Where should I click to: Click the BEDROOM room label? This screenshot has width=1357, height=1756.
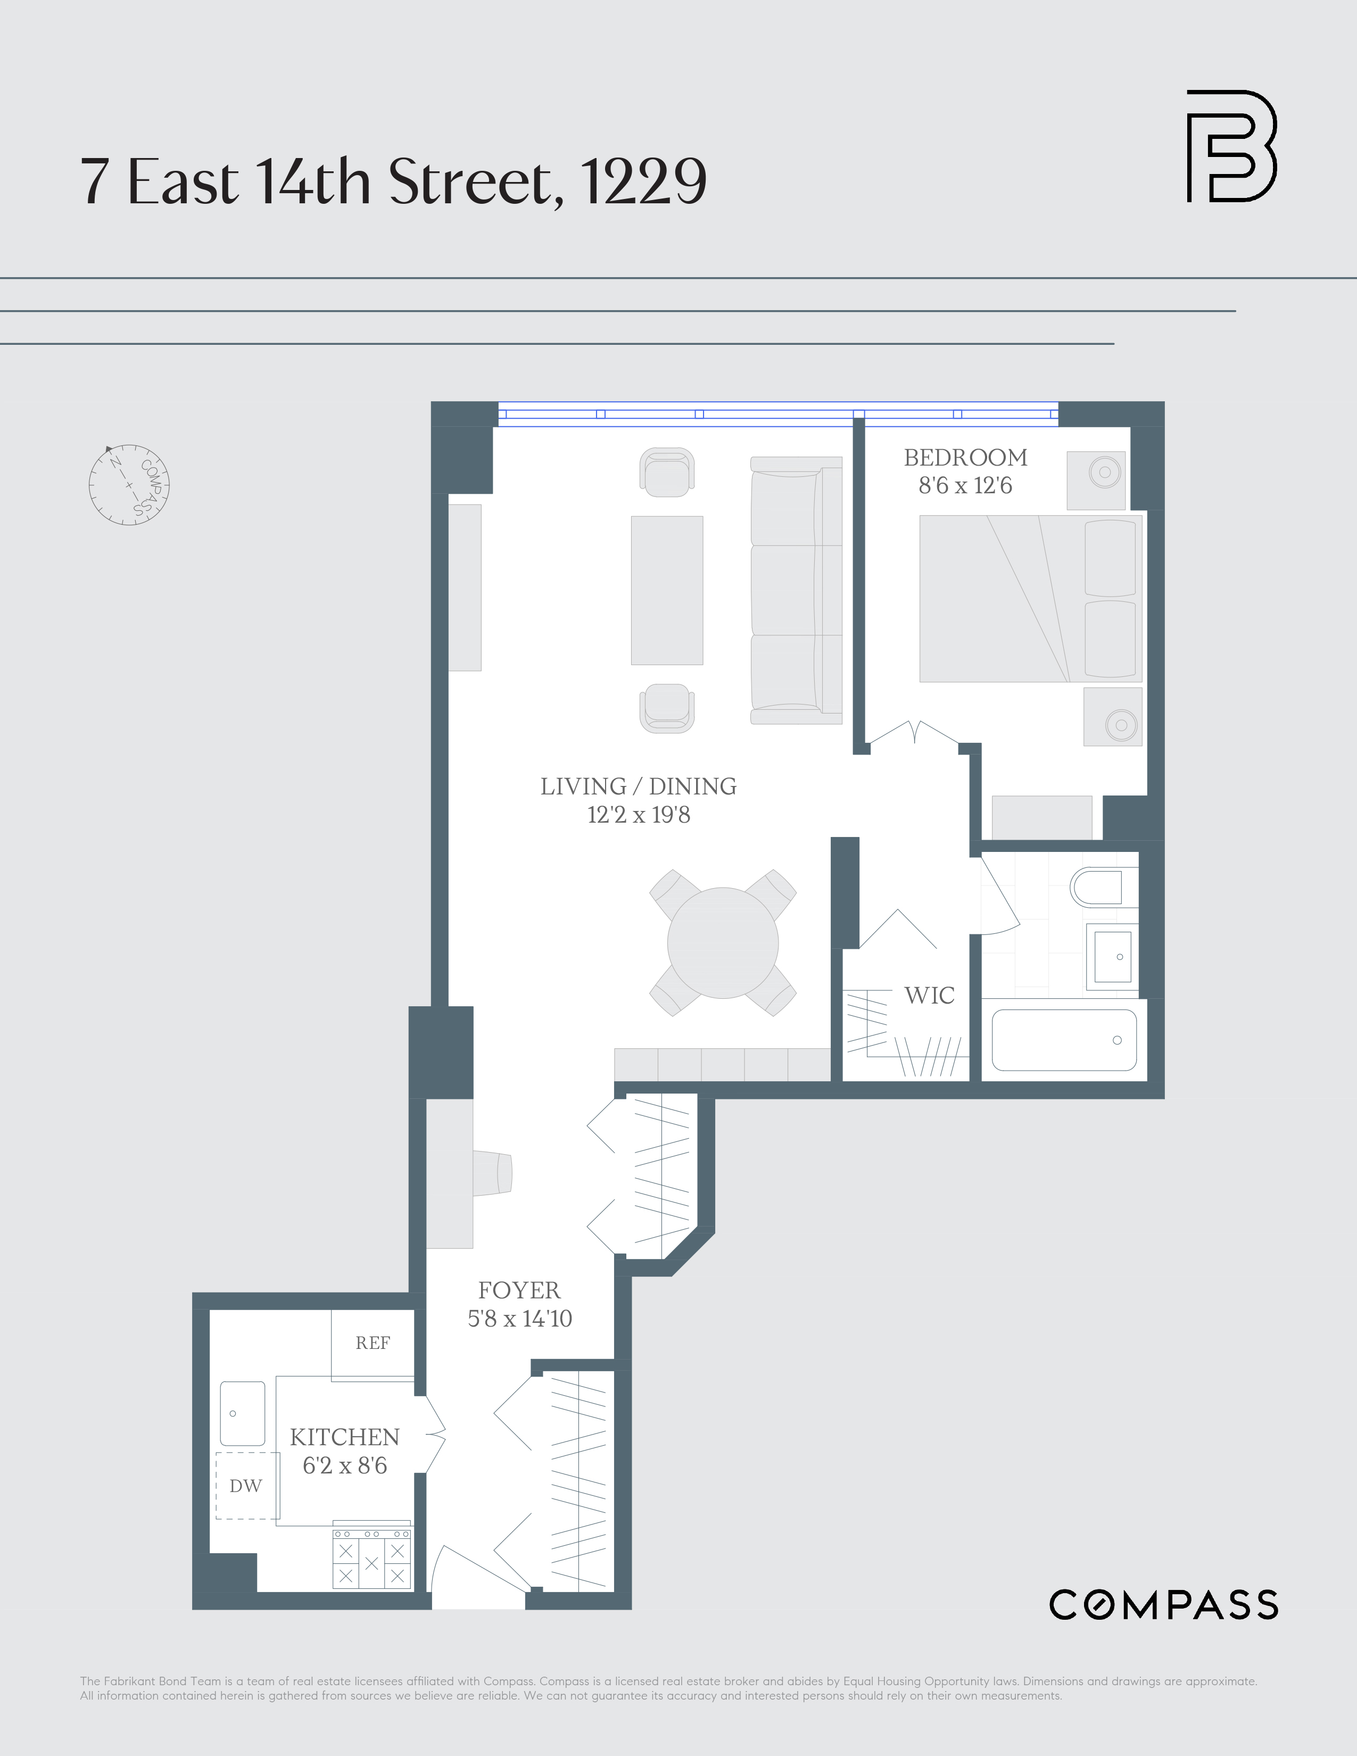point(965,458)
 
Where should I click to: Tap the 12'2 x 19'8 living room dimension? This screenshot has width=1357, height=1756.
point(638,815)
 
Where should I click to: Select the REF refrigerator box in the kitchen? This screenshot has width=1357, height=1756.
point(372,1343)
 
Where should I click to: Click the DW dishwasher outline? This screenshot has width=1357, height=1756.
point(246,1486)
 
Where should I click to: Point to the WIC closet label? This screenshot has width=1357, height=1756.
point(929,996)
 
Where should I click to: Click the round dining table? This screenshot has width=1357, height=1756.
point(723,943)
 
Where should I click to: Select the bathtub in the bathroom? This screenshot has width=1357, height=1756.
point(1064,1040)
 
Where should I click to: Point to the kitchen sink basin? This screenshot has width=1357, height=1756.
point(242,1413)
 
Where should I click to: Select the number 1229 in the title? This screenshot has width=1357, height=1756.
point(643,181)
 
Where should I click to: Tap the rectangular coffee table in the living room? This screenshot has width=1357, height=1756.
point(666,590)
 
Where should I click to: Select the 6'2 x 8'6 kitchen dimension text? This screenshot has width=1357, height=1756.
point(345,1466)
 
